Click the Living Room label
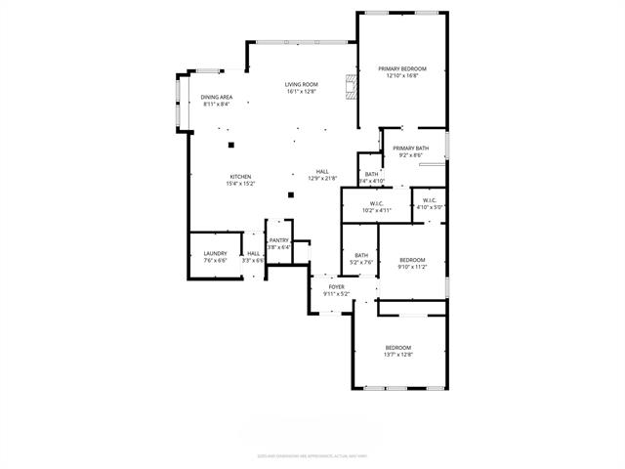click(x=302, y=85)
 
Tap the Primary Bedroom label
click(x=407, y=68)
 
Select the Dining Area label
click(x=216, y=97)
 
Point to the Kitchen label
click(x=240, y=177)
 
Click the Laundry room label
click(x=215, y=254)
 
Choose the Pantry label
click(x=279, y=240)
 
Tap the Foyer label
click(x=336, y=286)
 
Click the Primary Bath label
click(x=411, y=149)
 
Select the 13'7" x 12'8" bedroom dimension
click(x=397, y=355)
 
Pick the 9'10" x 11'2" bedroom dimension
click(x=413, y=266)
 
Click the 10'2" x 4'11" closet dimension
click(x=376, y=210)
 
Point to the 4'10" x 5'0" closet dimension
click(x=431, y=207)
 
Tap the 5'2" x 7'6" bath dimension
click(x=361, y=262)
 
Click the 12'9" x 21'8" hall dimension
click(x=322, y=178)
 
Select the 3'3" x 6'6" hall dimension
click(x=253, y=261)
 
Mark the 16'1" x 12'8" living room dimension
click(x=302, y=92)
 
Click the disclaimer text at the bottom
click(x=312, y=455)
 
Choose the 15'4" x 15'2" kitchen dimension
click(x=240, y=184)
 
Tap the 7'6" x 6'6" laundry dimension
click(x=215, y=261)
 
